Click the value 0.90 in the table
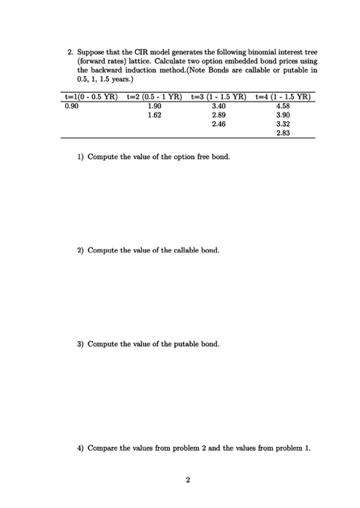pos(71,105)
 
